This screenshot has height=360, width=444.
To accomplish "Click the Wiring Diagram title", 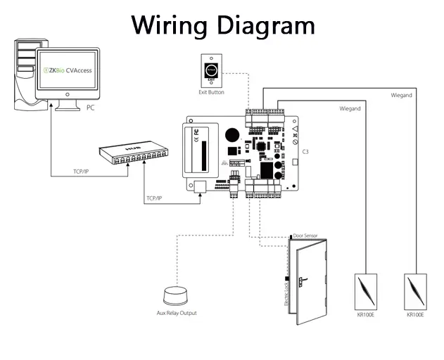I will [x=223, y=25].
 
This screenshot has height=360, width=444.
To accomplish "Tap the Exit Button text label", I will [x=211, y=92].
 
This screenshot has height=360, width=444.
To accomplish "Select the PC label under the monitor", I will [x=91, y=108].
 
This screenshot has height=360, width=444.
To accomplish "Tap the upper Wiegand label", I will [x=401, y=95].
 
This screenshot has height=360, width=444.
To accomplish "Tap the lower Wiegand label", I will [x=350, y=109].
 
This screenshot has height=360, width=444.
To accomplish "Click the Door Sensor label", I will [x=305, y=237].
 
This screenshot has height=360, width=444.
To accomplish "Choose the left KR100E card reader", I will [x=366, y=291].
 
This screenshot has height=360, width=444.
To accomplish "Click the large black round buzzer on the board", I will [x=231, y=135].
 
